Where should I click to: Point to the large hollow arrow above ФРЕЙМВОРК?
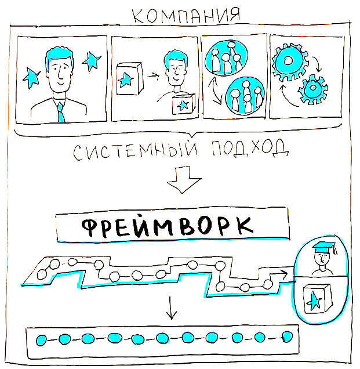click(179, 181)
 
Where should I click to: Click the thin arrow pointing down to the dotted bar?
click(170, 309)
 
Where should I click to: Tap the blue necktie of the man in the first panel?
click(60, 111)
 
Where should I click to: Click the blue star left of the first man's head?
click(30, 75)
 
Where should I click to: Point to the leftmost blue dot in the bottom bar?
click(42, 339)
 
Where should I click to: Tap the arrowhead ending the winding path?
click(285, 271)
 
